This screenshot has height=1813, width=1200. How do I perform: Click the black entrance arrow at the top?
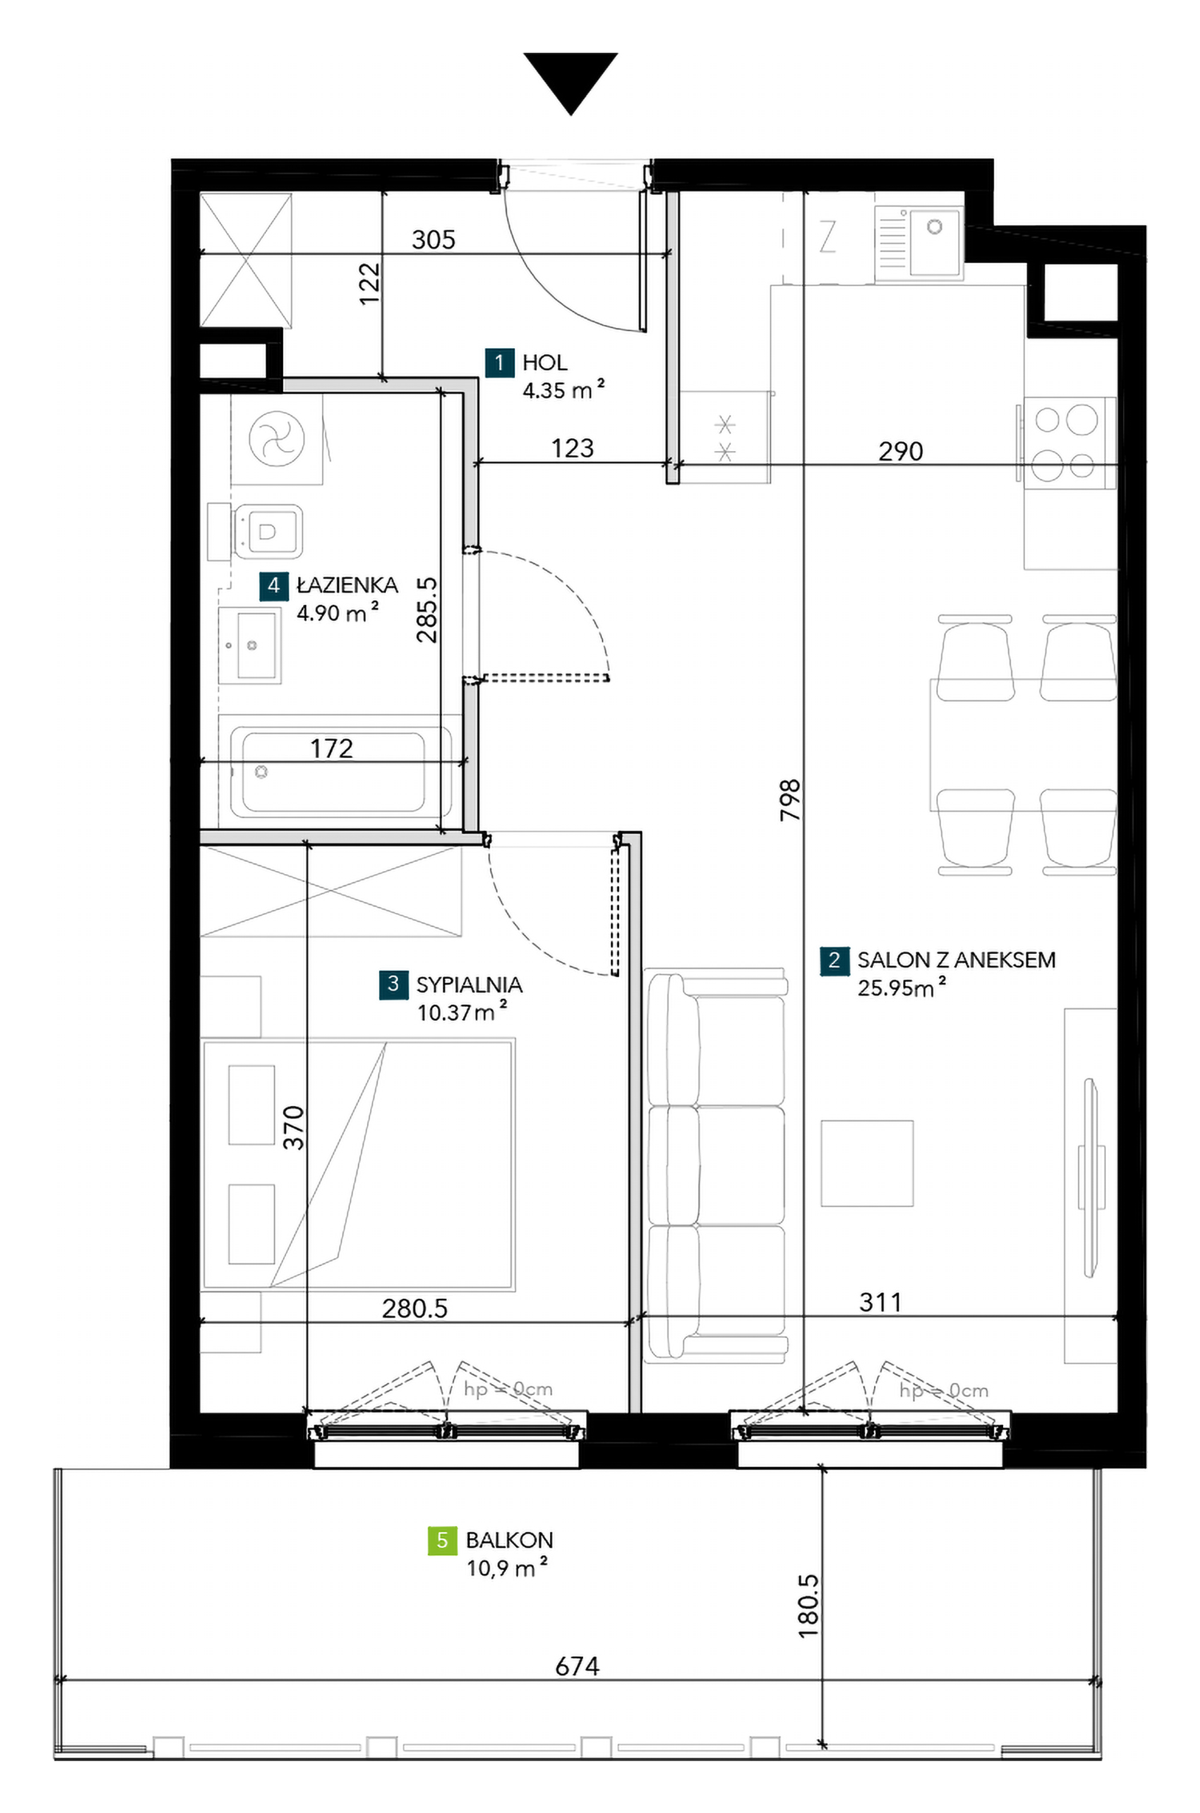coord(570,80)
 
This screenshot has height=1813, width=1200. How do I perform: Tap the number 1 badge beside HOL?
coord(500,363)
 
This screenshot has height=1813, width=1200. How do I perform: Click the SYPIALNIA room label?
coord(469,984)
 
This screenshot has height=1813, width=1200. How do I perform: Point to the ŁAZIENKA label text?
coord(347,586)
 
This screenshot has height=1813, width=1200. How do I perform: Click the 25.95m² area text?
coord(901,988)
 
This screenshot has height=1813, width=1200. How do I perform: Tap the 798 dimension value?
coord(790,800)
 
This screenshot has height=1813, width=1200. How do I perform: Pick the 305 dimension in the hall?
coord(433,239)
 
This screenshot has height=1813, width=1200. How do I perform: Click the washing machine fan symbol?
coord(277,438)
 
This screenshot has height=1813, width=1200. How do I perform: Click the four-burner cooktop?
coord(1067,444)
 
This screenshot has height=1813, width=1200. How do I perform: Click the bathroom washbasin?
coord(249,645)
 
